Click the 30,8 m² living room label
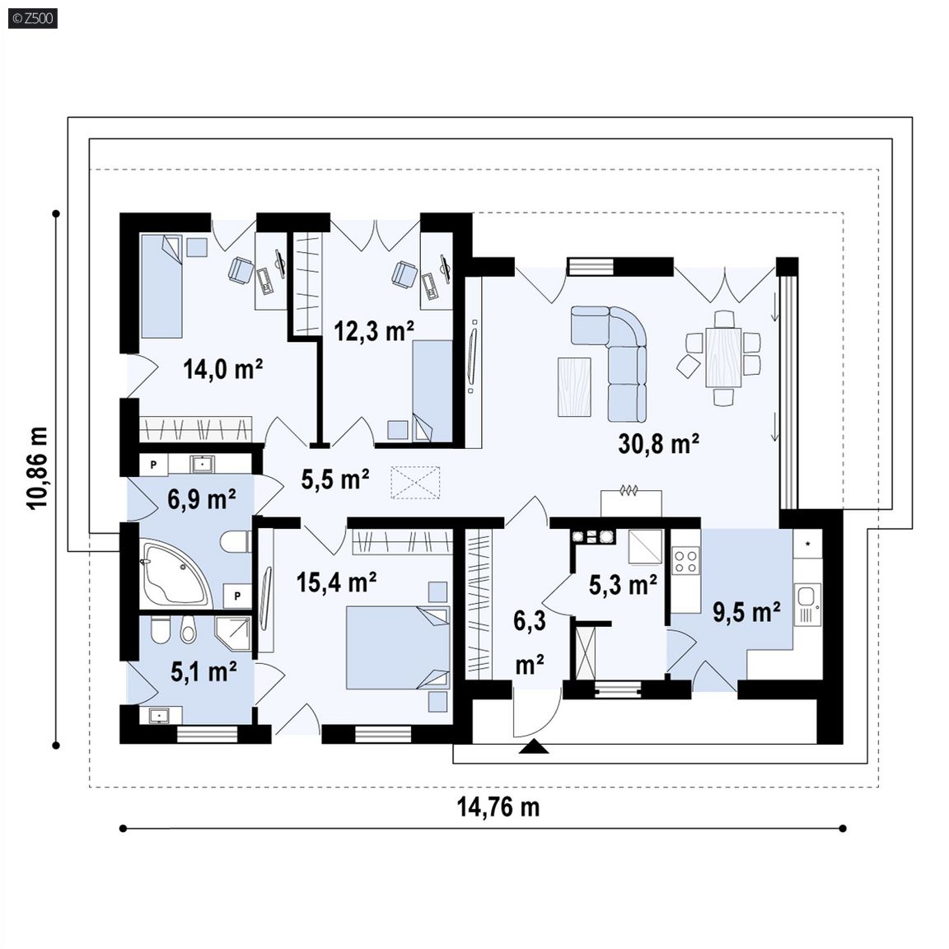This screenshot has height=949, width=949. (x=658, y=443)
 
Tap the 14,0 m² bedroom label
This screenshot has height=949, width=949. (x=222, y=368)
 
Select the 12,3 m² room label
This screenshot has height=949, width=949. (x=374, y=330)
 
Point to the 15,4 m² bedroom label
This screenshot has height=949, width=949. (x=336, y=582)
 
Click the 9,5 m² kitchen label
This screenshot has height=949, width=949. (x=746, y=612)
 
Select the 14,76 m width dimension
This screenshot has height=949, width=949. (x=498, y=806)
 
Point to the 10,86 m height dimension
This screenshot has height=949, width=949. (x=36, y=467)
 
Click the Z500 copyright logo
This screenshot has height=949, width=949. (x=33, y=18)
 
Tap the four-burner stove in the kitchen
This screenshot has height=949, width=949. (x=685, y=560)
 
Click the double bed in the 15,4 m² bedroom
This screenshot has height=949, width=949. (x=398, y=647)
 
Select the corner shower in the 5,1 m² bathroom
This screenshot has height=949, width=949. (x=233, y=633)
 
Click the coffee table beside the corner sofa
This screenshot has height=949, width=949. (x=574, y=386)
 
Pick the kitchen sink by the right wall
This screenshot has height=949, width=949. (x=807, y=603)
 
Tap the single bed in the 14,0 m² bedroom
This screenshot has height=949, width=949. (x=161, y=287)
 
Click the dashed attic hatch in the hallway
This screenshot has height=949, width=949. (x=415, y=483)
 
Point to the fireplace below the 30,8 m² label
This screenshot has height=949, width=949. (x=631, y=503)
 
